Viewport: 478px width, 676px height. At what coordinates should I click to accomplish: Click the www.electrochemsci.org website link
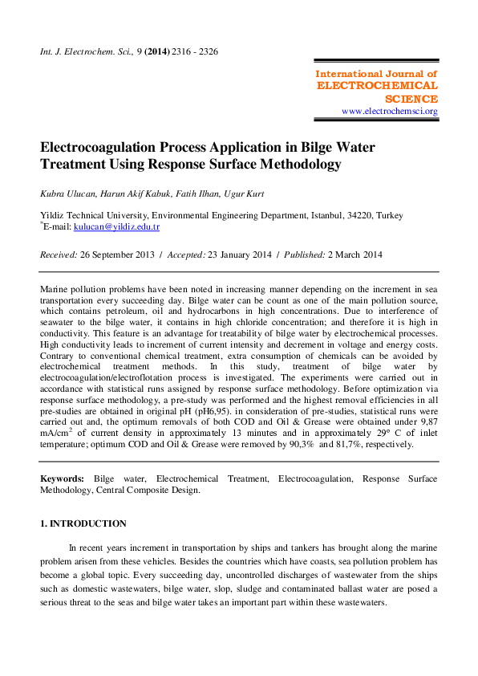pyautogui.click(x=390, y=112)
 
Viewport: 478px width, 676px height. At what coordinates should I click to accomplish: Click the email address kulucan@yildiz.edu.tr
pyautogui.click(x=116, y=227)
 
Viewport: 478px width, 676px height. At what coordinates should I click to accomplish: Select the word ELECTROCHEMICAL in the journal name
pyautogui.click(x=378, y=85)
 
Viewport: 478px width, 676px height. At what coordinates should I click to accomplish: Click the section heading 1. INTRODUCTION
pyautogui.click(x=83, y=523)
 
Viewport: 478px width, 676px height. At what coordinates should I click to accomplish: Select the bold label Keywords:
pyautogui.click(x=63, y=478)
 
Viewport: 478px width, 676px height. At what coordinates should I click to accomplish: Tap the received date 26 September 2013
pyautogui.click(x=122, y=255)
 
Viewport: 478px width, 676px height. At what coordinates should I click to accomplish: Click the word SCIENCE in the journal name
pyautogui.click(x=411, y=99)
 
